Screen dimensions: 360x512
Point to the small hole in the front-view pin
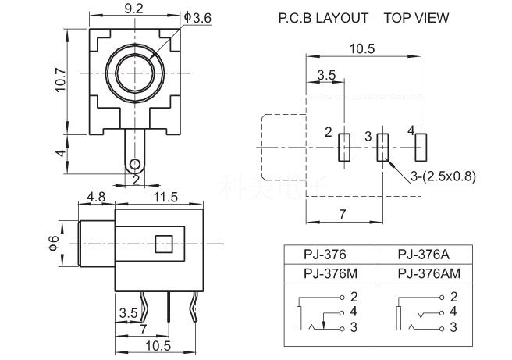click(x=136, y=164)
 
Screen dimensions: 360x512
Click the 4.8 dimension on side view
click(x=97, y=197)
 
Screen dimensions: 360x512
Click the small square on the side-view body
click(x=164, y=244)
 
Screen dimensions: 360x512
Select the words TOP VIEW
click(x=416, y=17)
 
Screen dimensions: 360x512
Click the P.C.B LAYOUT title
click(x=323, y=17)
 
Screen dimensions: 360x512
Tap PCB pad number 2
click(x=344, y=148)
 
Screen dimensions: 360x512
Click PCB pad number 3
click(x=382, y=148)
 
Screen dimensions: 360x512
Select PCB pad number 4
click(x=421, y=148)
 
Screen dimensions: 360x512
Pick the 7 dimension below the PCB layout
click(x=343, y=213)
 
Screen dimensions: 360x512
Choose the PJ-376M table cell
click(x=328, y=273)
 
